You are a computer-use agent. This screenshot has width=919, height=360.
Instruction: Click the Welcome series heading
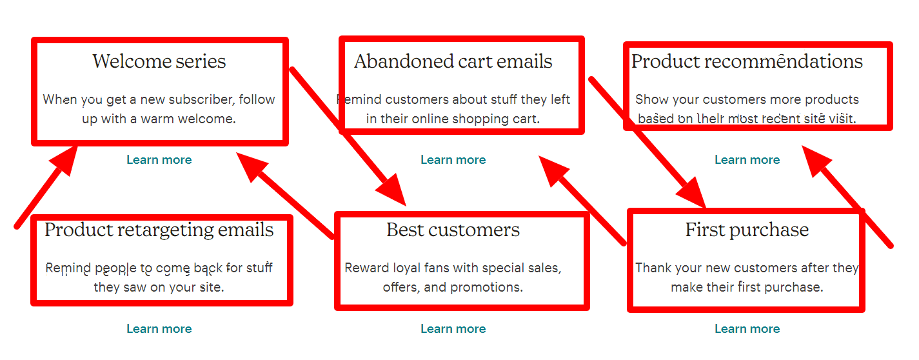159,61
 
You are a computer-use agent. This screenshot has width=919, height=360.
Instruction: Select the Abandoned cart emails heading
453,61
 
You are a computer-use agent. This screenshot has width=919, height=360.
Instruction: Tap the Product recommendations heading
747,61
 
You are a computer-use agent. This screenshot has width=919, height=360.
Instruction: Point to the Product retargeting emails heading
159,230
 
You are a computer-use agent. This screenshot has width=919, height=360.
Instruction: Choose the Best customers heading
453,230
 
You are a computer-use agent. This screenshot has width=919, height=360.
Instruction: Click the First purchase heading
747,230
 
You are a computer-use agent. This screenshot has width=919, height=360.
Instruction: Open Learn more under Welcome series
159,160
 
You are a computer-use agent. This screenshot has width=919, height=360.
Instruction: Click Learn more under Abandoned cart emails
453,160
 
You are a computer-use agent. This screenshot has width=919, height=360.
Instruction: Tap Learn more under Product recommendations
747,160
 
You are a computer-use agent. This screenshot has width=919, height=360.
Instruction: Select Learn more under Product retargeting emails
159,329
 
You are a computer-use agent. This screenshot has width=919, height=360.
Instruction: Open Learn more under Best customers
453,329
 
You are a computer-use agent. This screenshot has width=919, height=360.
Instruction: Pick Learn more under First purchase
747,329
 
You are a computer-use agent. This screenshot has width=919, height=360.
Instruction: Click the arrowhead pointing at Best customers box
392,191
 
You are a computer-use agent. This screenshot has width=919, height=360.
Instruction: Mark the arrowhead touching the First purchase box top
693,194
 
